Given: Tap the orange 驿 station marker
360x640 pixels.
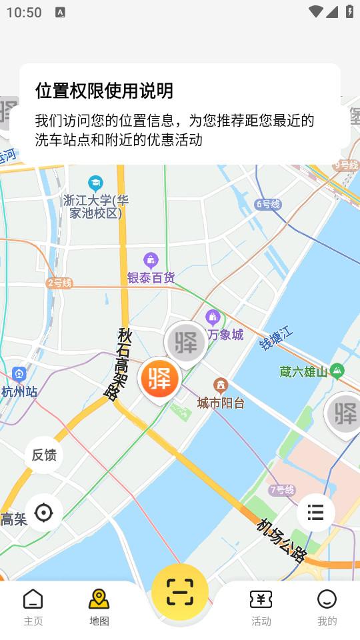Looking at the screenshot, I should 160,378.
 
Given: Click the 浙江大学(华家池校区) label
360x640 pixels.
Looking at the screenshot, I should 96,206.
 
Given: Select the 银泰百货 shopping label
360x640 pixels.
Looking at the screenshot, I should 151,277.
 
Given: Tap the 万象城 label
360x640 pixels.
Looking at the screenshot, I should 225,334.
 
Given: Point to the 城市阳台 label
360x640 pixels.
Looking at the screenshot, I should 221,402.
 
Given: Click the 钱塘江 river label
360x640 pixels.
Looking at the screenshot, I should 276,339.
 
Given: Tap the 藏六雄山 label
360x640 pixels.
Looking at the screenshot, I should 304,372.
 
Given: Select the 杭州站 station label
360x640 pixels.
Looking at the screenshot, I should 19,391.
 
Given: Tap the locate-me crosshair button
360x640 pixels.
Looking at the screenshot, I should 44,513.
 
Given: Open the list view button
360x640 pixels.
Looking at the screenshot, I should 315,512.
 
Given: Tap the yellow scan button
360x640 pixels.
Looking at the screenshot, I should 179,591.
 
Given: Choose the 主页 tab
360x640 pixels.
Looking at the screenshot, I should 33,607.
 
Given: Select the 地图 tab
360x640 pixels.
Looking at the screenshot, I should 99,607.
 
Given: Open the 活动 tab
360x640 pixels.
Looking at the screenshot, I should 261,607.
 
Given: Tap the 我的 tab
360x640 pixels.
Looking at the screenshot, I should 327,607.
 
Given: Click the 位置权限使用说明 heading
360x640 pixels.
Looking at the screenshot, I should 104,90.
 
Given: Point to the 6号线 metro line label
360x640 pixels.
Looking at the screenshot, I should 268,204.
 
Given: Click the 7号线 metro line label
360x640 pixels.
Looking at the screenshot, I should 282,490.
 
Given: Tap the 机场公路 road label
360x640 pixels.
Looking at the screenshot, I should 283,540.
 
